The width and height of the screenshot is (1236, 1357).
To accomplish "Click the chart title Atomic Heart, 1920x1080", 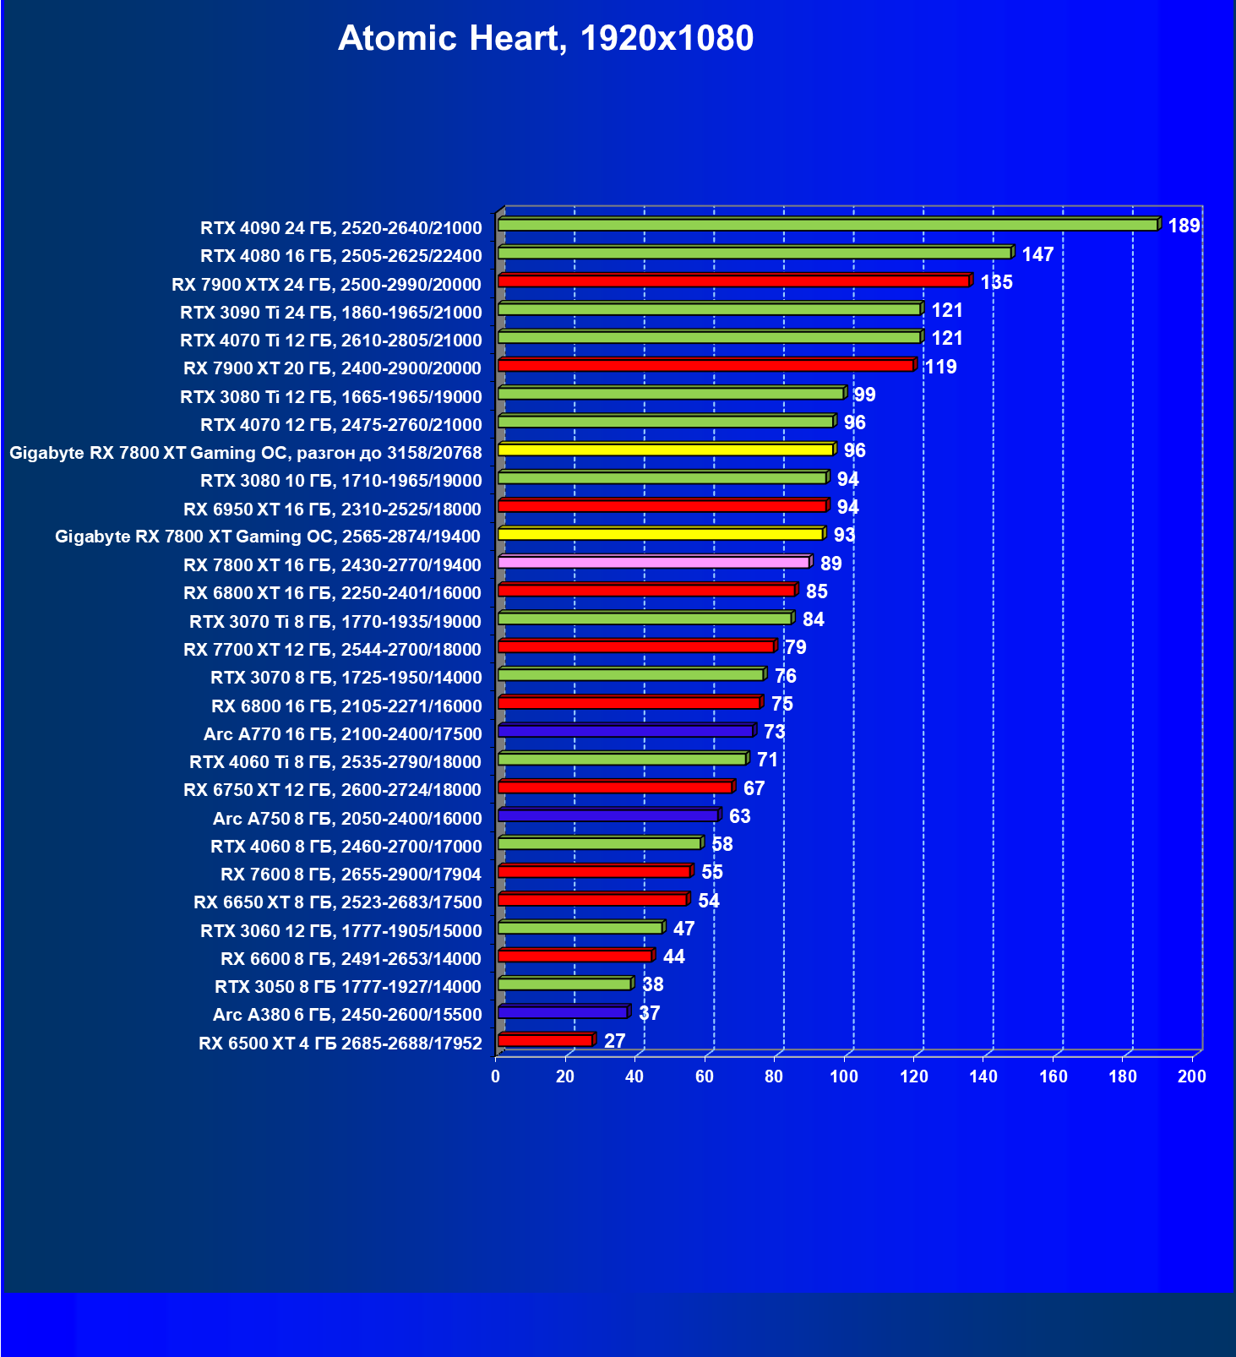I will (x=546, y=38).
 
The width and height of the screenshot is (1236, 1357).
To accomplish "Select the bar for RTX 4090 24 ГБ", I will (x=828, y=225).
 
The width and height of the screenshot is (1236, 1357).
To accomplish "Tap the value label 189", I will (x=1184, y=226).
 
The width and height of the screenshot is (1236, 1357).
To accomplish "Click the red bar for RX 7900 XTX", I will (x=733, y=281).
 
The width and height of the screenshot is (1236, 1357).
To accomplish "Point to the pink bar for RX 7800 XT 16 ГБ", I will (x=654, y=562).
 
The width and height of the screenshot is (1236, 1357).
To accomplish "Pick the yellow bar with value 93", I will (x=661, y=534).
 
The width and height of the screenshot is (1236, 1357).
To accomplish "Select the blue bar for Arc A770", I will (x=625, y=731).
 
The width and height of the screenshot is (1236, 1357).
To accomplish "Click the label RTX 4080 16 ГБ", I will (x=341, y=256).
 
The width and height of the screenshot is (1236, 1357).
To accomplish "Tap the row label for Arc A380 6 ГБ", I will (x=347, y=1015).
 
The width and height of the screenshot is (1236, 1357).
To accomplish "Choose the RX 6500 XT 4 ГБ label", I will (x=340, y=1044).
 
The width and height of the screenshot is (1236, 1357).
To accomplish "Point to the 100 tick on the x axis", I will (x=844, y=1076).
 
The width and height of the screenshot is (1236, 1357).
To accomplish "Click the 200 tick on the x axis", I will (x=1192, y=1076).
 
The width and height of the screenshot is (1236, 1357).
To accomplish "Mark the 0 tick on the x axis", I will (x=496, y=1076).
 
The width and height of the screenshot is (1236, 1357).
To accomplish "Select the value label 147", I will (x=1037, y=254).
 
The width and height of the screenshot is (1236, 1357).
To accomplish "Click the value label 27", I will (x=614, y=1041).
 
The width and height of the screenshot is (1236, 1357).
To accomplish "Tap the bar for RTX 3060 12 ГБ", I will (x=580, y=928).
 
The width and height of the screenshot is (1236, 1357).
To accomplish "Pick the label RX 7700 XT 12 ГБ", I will (x=332, y=650).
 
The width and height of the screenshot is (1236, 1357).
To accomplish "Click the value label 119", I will (x=940, y=367).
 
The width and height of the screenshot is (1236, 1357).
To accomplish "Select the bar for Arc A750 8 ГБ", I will (x=608, y=815).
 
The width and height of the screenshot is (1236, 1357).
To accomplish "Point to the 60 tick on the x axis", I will (x=705, y=1076).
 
